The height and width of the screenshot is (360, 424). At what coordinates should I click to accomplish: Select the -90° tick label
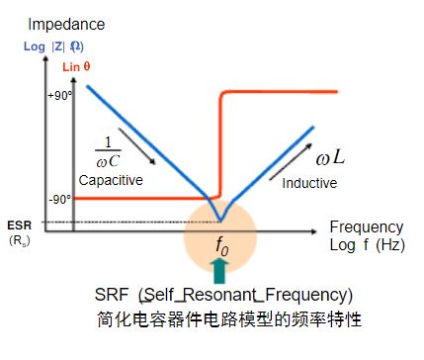coord(62,199)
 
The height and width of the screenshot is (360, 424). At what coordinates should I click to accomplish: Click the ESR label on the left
coord(19,225)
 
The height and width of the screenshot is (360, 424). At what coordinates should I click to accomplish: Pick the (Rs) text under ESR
coord(19,239)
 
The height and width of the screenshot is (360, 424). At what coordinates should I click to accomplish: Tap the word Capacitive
coord(112,180)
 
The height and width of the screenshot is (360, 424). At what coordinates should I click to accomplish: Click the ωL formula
coord(329,158)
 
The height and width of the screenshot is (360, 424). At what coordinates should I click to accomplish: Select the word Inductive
coord(309,183)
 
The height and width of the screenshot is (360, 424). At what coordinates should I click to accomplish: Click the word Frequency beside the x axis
coord(367,226)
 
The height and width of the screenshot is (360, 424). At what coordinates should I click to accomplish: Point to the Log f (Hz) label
coord(367,243)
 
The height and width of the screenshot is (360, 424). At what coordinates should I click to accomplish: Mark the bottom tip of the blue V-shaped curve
coord(221,220)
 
